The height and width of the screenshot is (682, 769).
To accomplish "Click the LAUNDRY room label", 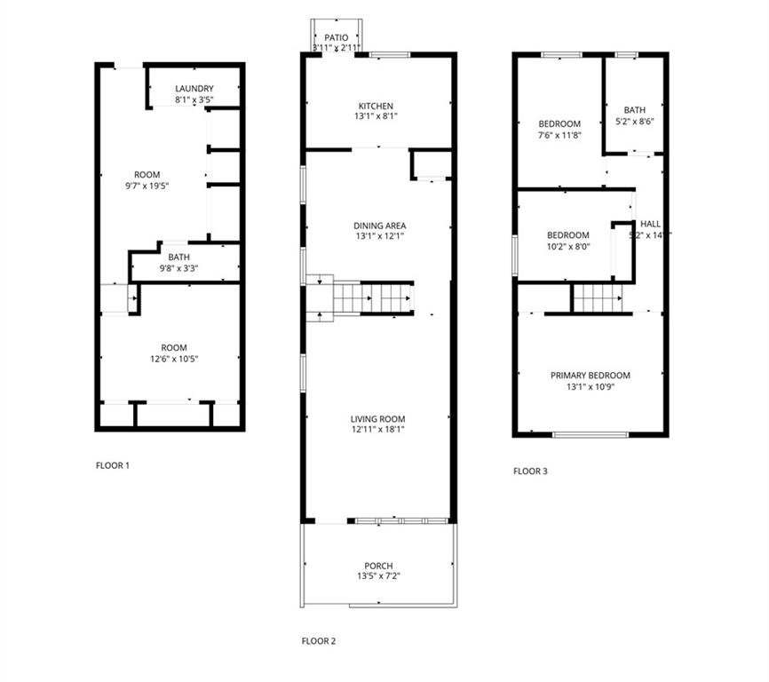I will pyautogui.click(x=194, y=89).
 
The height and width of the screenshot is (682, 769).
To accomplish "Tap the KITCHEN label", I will pyautogui.click(x=376, y=107).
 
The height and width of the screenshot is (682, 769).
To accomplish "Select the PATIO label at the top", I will pyautogui.click(x=336, y=38).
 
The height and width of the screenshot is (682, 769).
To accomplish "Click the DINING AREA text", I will pyautogui.click(x=379, y=226).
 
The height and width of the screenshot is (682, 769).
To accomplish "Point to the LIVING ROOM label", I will pyautogui.click(x=378, y=419).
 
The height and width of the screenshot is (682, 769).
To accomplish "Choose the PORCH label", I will pyautogui.click(x=378, y=566).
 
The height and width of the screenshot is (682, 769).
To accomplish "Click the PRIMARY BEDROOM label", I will pyautogui.click(x=590, y=376).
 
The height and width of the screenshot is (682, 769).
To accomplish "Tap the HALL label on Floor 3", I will pyautogui.click(x=650, y=225).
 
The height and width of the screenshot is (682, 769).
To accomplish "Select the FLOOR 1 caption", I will pyautogui.click(x=113, y=465).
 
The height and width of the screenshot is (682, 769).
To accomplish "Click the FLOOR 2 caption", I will pyautogui.click(x=319, y=640).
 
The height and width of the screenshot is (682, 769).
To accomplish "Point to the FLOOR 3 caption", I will pyautogui.click(x=530, y=472).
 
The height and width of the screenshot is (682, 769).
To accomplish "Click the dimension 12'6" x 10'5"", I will pyautogui.click(x=168, y=359).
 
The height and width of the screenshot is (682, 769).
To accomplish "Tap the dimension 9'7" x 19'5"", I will pyautogui.click(x=147, y=186).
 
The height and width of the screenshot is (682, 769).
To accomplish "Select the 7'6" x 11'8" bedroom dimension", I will pyautogui.click(x=559, y=135).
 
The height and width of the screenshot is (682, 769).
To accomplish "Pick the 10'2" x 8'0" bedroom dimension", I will pyautogui.click(x=568, y=247).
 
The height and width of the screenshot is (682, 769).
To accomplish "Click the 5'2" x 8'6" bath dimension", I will pyautogui.click(x=635, y=123).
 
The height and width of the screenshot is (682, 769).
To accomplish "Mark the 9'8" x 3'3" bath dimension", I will pyautogui.click(x=178, y=268).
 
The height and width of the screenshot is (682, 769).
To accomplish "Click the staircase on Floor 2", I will pyautogui.click(x=373, y=298).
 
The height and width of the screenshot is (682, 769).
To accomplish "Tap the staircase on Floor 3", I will pyautogui.click(x=601, y=297).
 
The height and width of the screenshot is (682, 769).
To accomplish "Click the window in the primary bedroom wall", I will pyautogui.click(x=590, y=434).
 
